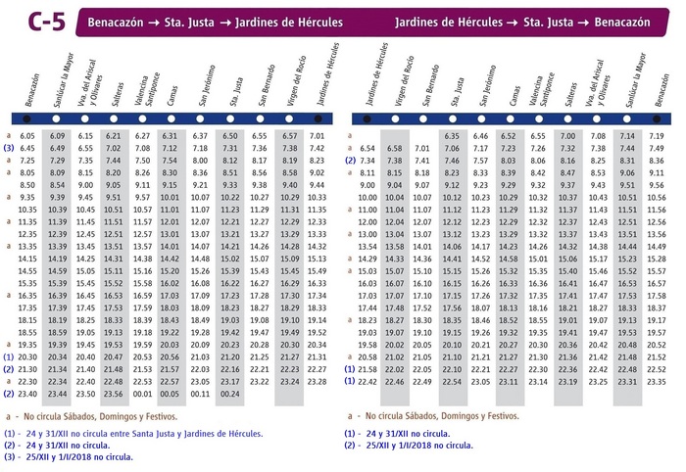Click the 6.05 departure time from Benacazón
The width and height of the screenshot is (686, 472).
point(27,135)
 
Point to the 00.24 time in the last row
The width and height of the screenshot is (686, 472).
point(230,395)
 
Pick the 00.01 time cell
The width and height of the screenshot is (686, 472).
point(143,395)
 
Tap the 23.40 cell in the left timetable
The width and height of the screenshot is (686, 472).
point(27,395)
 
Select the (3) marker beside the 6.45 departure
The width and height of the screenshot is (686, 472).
point(8,148)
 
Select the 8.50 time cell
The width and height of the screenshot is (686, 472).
point(27,185)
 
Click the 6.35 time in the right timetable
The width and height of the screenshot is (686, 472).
point(452,136)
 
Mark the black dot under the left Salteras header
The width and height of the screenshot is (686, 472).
point(114,118)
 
